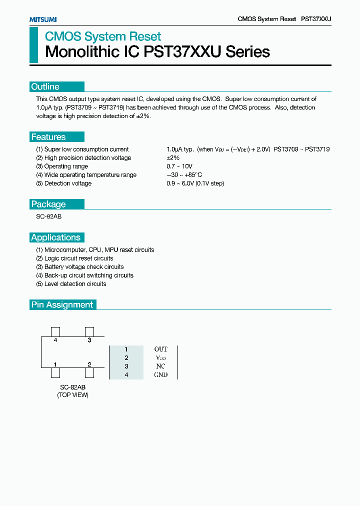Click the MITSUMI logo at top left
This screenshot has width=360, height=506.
pyautogui.click(x=42, y=19)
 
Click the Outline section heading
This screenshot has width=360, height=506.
pyautogui.click(x=45, y=86)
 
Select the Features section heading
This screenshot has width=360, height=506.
pyautogui.click(x=48, y=137)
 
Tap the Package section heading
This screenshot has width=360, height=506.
pyautogui.click(x=48, y=204)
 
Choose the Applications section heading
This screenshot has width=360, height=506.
pyautogui.click(x=55, y=237)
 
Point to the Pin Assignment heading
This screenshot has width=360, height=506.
pyautogui.click(x=62, y=304)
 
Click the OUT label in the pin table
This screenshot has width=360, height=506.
pyautogui.click(x=160, y=349)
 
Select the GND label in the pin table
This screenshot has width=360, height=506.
pyautogui.click(x=160, y=374)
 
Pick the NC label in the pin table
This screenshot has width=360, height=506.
pyautogui.click(x=160, y=366)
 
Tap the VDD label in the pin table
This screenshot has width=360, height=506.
pyautogui.click(x=160, y=357)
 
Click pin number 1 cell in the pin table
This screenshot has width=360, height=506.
pyautogui.click(x=126, y=349)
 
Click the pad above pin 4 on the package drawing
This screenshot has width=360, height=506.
pyautogui.click(x=55, y=331)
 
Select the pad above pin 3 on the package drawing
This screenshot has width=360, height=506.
pyautogui.click(x=89, y=331)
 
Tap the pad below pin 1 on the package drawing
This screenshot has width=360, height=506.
pyautogui.click(x=55, y=372)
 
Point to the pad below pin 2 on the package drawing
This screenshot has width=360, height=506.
pyautogui.click(x=89, y=372)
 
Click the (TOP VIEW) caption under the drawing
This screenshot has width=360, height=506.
pyautogui.click(x=72, y=395)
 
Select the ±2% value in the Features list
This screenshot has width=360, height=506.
pyautogui.click(x=173, y=158)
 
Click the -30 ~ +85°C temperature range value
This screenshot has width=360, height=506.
pyautogui.click(x=184, y=175)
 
